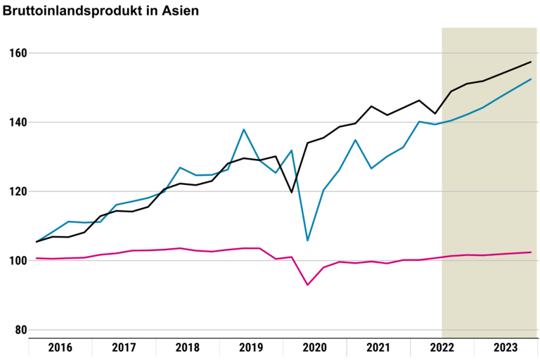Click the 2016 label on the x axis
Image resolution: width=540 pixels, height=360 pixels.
point(60,347)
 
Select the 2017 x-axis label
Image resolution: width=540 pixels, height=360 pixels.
point(124,347)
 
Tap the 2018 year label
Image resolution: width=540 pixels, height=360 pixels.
point(187,347)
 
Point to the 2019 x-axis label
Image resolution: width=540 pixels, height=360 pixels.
point(251,347)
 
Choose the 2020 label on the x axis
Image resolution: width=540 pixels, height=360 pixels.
point(314,347)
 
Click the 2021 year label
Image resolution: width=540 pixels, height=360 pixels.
point(378,347)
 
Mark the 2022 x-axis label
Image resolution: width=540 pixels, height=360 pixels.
point(442,347)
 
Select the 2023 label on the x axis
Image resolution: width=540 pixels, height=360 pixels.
point(505,347)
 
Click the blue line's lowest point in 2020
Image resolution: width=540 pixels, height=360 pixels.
point(307,240)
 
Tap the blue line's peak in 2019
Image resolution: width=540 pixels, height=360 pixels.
point(243,129)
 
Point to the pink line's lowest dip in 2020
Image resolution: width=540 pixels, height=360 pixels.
point(307,285)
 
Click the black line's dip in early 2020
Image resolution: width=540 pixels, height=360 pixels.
point(291,192)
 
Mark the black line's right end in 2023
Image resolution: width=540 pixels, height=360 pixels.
point(530,62)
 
